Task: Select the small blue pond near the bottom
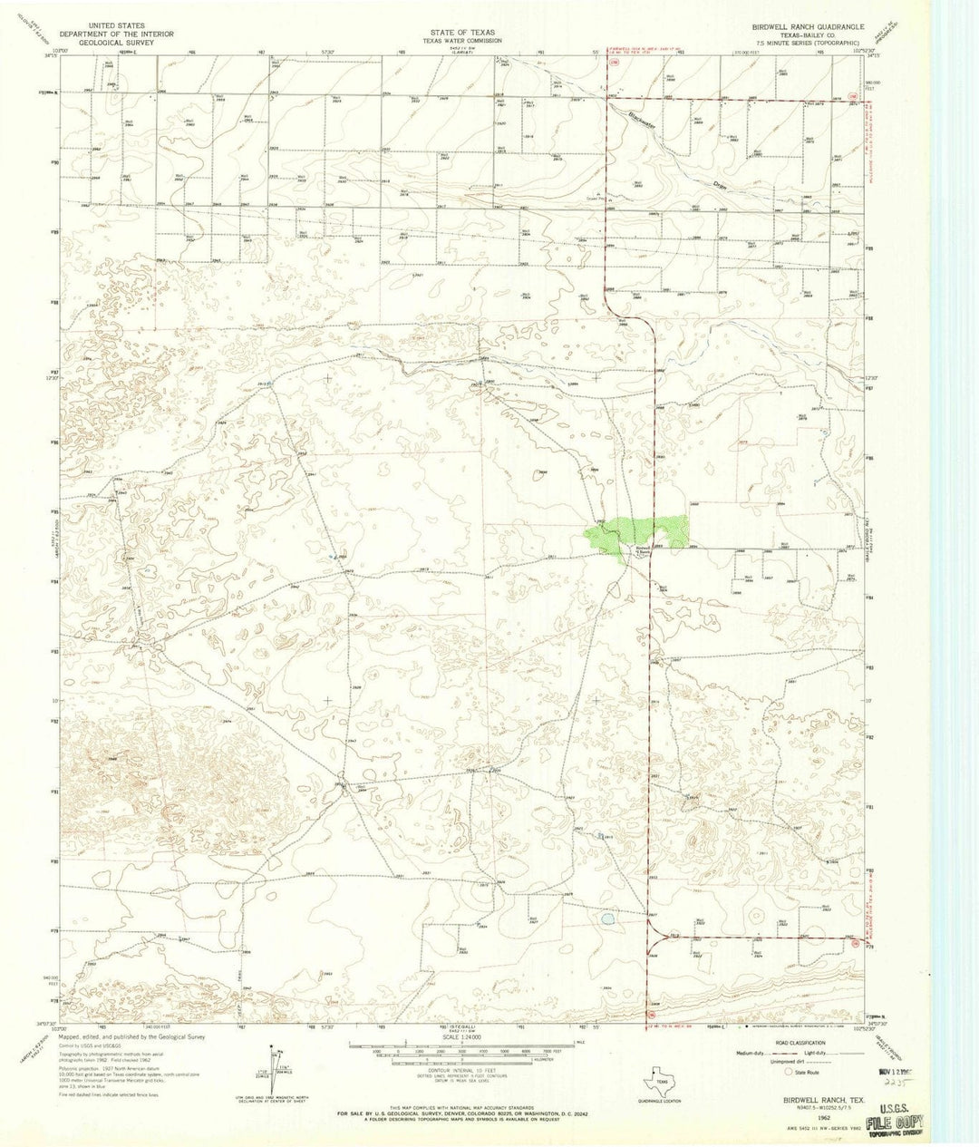pos(606,919)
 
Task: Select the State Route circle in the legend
pos(788,1071)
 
